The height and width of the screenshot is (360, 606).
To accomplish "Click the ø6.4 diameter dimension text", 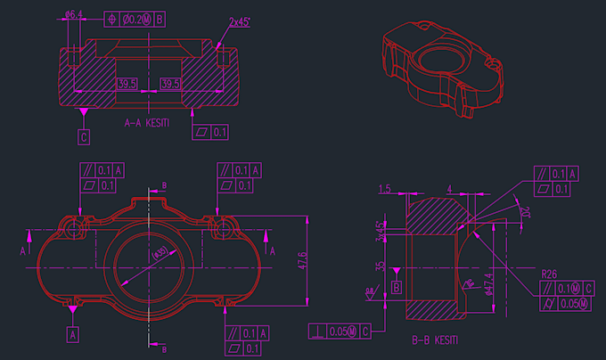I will point(74,14).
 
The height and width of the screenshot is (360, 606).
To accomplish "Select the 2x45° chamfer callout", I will point(239,21).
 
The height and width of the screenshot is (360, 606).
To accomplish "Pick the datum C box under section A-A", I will point(84,137).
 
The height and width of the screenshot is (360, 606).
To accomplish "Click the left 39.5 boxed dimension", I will point(127,84).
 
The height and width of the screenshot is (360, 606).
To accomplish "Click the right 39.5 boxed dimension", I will point(169,84).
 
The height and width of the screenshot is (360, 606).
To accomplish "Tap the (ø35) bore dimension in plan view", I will point(160,254).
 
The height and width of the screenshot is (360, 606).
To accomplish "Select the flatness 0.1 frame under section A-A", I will point(212,133).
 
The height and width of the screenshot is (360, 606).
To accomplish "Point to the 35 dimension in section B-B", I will point(381,266).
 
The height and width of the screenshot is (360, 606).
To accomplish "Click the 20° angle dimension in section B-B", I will point(523,212).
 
